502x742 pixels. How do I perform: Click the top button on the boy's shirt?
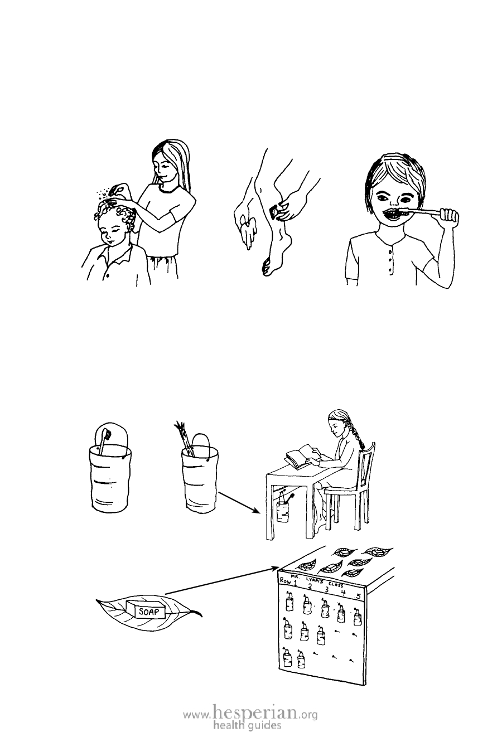(x=390, y=253)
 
